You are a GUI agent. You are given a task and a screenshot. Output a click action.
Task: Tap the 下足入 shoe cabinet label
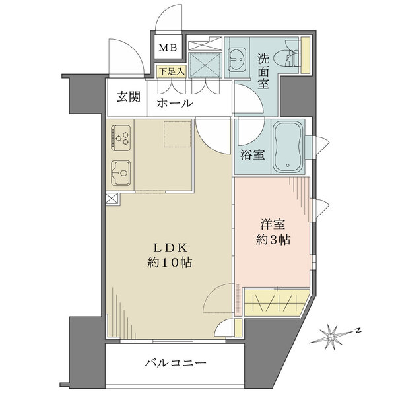tap(171, 69)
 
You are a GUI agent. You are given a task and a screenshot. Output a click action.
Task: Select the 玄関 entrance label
tap(129, 97)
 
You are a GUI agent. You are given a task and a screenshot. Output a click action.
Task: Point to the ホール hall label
tap(175, 103)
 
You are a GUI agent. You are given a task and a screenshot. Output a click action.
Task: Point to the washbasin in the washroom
tap(236, 61)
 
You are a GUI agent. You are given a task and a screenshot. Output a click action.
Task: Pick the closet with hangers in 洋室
tap(276, 304)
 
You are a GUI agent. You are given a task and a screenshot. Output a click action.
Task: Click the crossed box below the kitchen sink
tap(111, 197)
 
